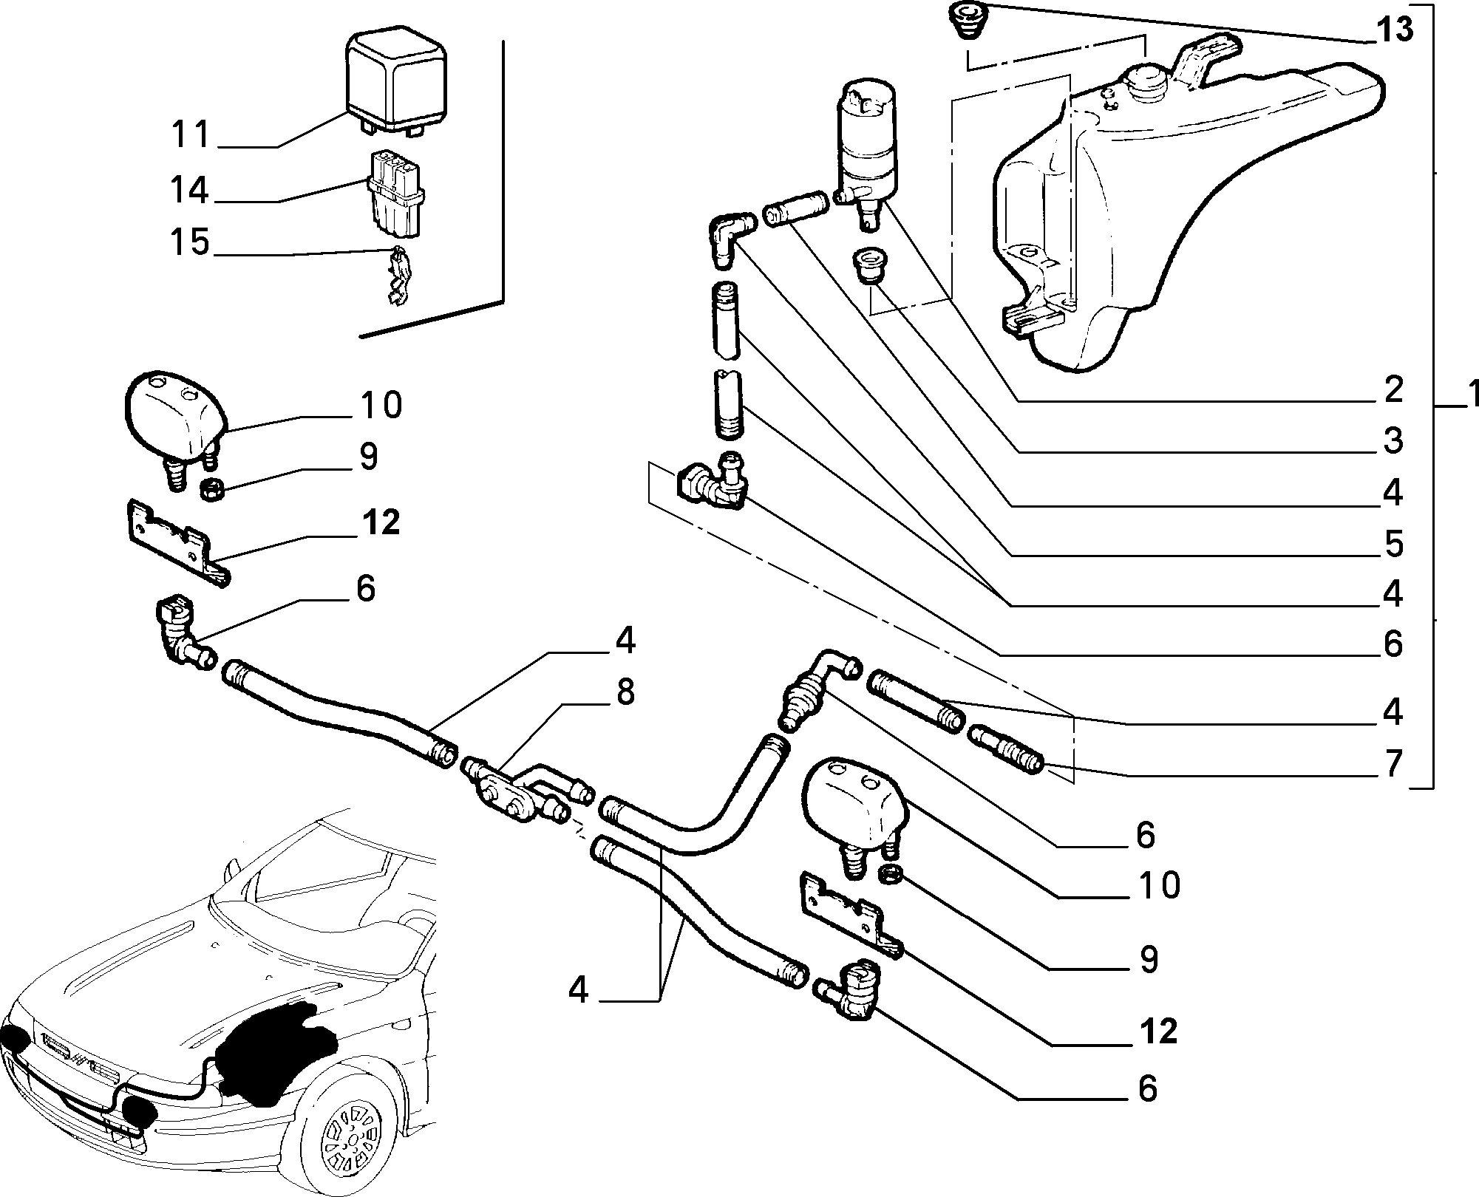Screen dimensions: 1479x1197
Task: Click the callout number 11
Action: [x=191, y=134]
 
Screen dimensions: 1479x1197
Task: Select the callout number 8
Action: [x=625, y=693]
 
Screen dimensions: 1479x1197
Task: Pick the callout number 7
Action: [x=1393, y=764]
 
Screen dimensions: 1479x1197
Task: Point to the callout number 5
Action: [x=1393, y=544]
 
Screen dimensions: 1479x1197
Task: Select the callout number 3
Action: [x=1393, y=440]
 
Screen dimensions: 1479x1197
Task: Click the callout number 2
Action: [x=1393, y=389]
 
